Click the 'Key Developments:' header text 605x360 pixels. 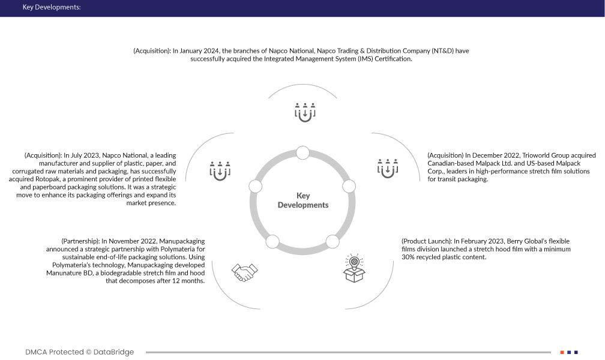click(x=51, y=8)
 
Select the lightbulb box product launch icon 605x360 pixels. click(x=354, y=268)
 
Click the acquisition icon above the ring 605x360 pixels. click(x=305, y=112)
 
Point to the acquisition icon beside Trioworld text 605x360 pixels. click(x=388, y=169)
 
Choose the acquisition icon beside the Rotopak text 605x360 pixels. click(x=220, y=170)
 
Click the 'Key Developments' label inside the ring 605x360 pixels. click(x=303, y=200)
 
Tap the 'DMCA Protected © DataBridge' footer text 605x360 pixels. click(x=80, y=352)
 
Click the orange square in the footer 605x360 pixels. click(x=562, y=352)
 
